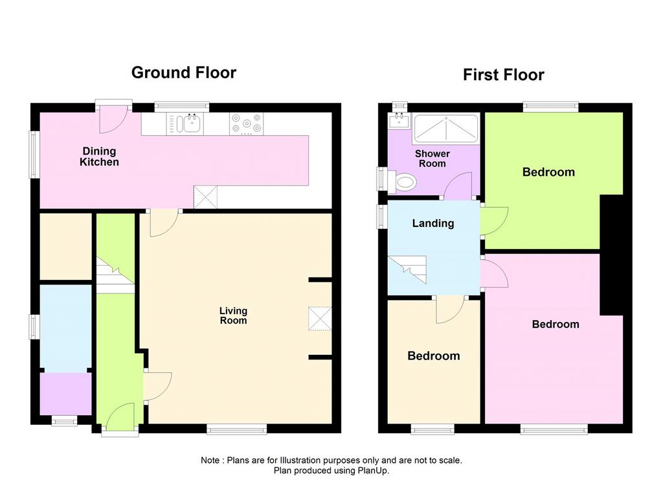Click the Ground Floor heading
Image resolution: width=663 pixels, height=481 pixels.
(x=183, y=72)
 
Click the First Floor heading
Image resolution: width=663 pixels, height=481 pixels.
(x=503, y=75)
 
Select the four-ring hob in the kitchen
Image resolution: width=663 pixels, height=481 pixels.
(x=246, y=123)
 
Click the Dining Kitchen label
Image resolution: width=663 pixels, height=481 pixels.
(x=99, y=156)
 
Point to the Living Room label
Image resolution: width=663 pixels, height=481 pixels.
(x=233, y=315)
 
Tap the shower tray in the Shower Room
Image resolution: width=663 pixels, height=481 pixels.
(x=446, y=129)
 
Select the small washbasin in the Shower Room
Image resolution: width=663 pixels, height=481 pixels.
(x=399, y=121)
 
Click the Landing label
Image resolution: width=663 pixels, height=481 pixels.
(x=433, y=224)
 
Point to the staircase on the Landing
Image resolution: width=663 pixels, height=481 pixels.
(x=407, y=270)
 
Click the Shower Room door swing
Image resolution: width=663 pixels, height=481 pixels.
(x=458, y=186)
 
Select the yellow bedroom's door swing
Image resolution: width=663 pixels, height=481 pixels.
(x=451, y=310)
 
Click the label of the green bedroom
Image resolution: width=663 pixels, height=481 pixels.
(x=548, y=173)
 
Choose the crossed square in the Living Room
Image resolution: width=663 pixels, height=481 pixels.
(x=320, y=319)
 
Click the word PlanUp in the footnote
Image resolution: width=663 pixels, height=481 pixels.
(x=374, y=471)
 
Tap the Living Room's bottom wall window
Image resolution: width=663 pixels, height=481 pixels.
(x=237, y=429)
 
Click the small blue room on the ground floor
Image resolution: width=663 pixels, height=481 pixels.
(x=65, y=328)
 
